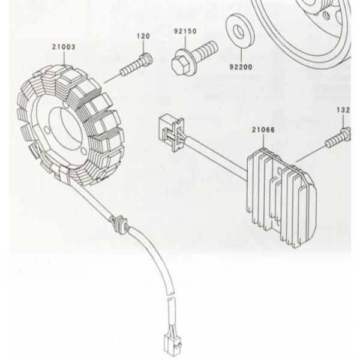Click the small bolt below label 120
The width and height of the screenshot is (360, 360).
pyautogui.click(x=137, y=66)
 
